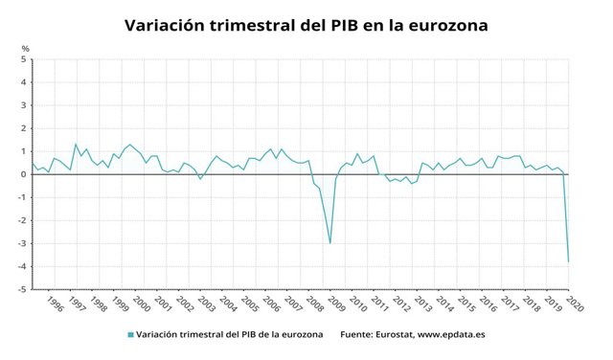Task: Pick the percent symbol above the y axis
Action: (26, 48)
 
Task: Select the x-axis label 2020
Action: (573, 304)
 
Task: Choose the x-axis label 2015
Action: (465, 304)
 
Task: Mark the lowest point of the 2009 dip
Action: (330, 243)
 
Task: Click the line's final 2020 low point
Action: (568, 261)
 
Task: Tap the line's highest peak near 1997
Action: (76, 145)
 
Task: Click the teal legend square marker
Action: (129, 334)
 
